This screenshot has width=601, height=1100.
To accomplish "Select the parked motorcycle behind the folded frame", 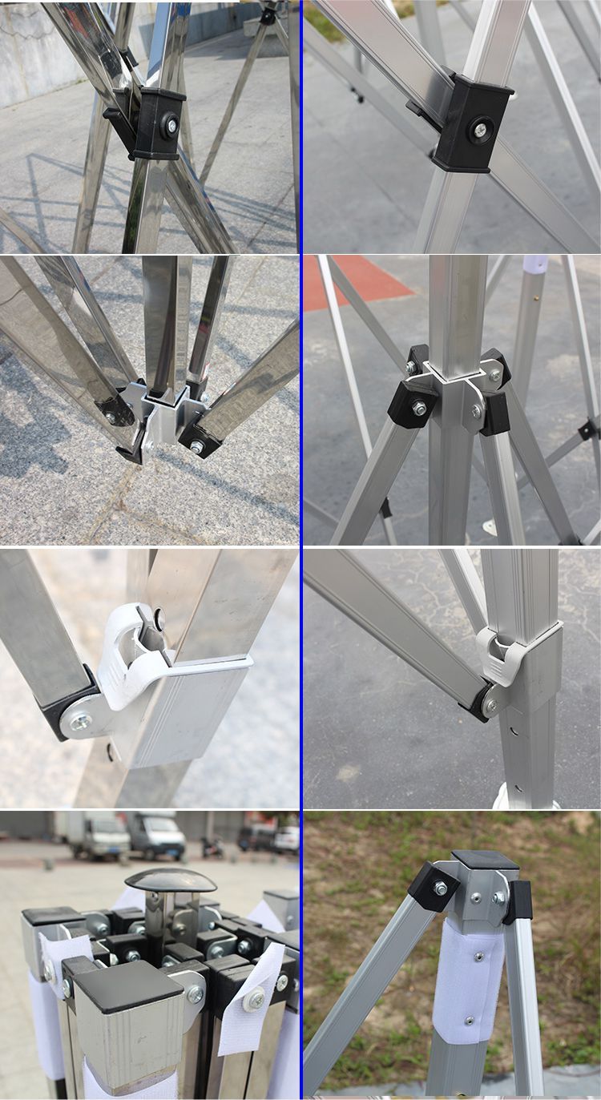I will [x=213, y=847].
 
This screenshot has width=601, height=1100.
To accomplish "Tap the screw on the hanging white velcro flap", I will [x=255, y=998].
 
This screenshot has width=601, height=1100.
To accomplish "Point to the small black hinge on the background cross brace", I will [x=587, y=430].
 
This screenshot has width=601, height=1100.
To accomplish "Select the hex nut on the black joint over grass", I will [x=440, y=888].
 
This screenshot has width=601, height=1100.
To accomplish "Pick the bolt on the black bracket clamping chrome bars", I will [x=170, y=125].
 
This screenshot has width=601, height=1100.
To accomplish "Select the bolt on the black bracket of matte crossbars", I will [x=479, y=129].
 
